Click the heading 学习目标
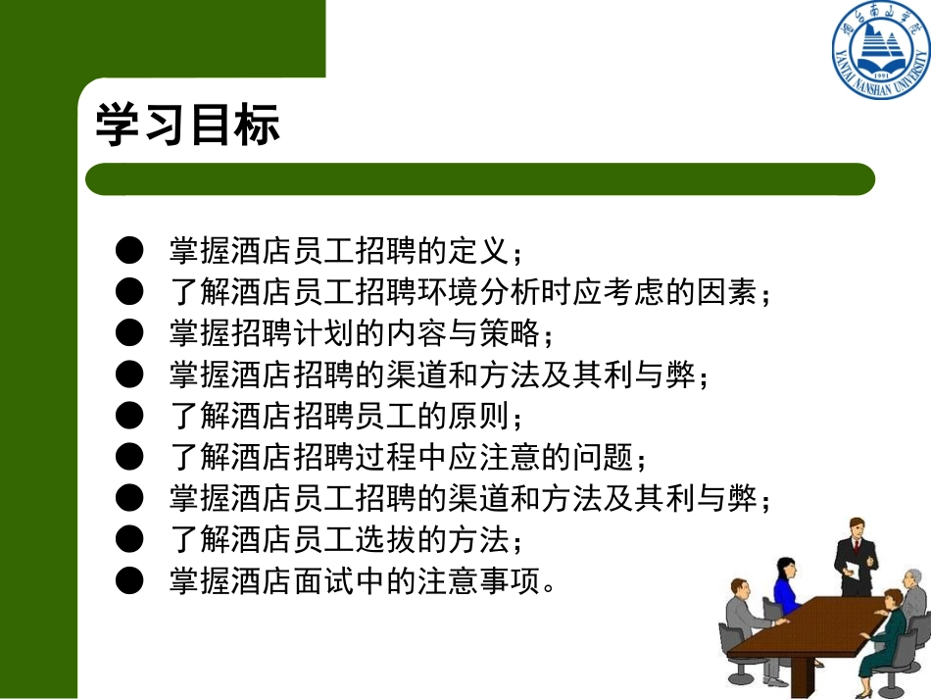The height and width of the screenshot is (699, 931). coord(187,126)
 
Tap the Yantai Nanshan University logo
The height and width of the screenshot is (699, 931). coord(879,51)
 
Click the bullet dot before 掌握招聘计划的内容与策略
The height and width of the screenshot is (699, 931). coord(128,333)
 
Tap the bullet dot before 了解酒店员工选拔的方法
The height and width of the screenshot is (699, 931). coord(128,540)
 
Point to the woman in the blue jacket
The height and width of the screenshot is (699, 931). coord(785,588)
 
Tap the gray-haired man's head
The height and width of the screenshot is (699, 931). coord(912,577)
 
